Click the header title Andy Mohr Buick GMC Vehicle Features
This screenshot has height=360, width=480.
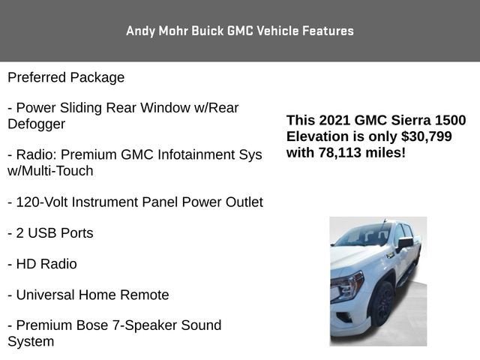pyautogui.click(x=240, y=31)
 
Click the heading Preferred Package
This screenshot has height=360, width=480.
pyautogui.click(x=66, y=77)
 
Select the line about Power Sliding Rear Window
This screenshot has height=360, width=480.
pyautogui.click(x=123, y=108)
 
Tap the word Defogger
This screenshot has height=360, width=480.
pyautogui.click(x=36, y=124)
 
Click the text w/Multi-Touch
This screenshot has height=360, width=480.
pyautogui.click(x=50, y=171)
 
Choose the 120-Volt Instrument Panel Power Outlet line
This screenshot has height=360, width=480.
pyautogui.click(x=135, y=202)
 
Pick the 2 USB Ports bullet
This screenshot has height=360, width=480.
pyautogui.click(x=50, y=233)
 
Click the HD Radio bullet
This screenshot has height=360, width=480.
pyautogui.click(x=42, y=264)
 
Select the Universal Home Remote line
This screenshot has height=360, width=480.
pyautogui.click(x=88, y=295)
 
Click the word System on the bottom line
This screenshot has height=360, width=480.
pyautogui.click(x=31, y=341)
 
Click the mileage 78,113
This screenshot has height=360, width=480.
pyautogui.click(x=340, y=152)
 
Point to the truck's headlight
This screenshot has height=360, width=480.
pyautogui.click(x=347, y=286)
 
